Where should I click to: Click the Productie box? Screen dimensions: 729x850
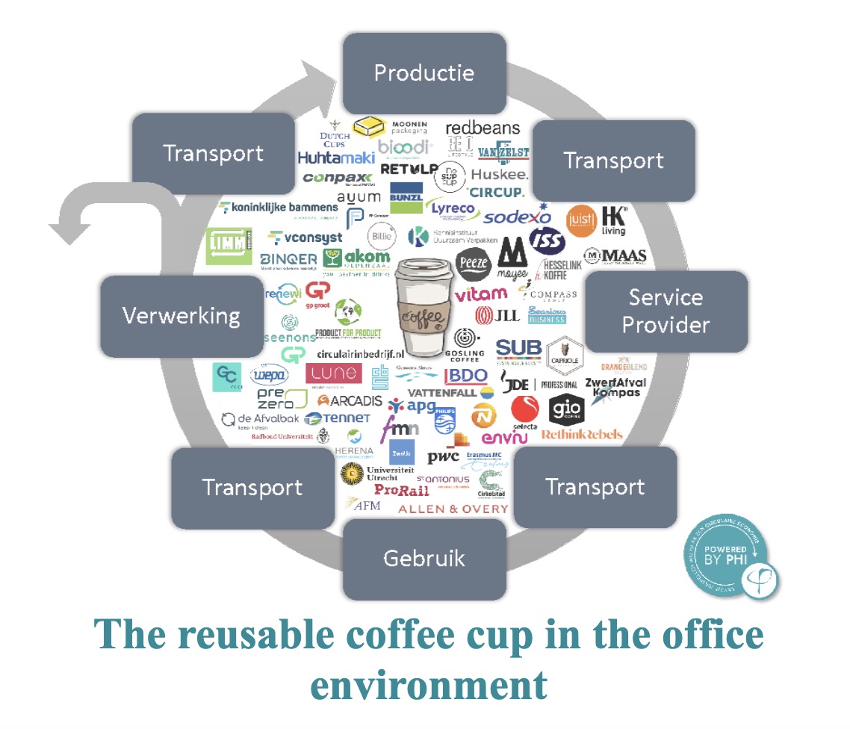click(x=424, y=73)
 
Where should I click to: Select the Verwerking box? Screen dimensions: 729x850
click(x=182, y=315)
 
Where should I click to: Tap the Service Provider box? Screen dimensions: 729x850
click(x=666, y=311)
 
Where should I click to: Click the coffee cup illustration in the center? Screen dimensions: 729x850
click(x=424, y=306)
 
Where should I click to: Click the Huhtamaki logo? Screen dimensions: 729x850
click(x=335, y=158)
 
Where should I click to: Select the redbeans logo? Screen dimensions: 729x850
click(x=483, y=128)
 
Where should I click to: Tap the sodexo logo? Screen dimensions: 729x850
click(x=516, y=217)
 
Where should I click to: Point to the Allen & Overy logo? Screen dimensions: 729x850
click(x=453, y=509)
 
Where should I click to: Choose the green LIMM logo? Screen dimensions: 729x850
click(x=229, y=246)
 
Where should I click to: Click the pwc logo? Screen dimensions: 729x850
click(x=443, y=457)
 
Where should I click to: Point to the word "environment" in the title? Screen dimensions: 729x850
click(x=428, y=683)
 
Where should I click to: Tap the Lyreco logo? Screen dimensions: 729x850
click(x=453, y=209)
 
